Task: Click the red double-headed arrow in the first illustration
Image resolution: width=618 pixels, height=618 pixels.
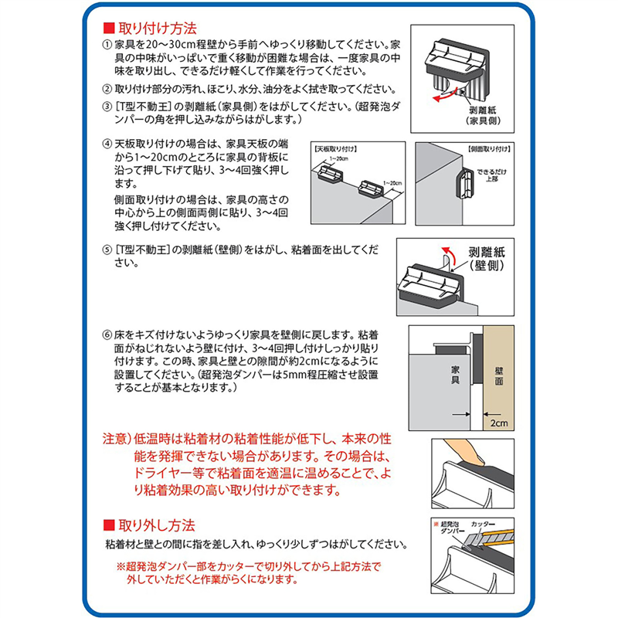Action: (443, 97)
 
